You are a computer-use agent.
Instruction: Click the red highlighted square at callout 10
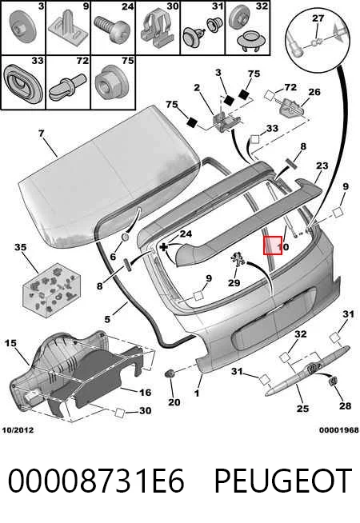pos(273,246)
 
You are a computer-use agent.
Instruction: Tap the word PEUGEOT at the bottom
pos(283,481)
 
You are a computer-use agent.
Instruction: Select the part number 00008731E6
pos(96,481)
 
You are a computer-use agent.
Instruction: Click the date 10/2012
pos(18,430)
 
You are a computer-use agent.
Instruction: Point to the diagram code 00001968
pos(339,430)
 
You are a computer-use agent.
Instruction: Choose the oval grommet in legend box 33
pos(22,83)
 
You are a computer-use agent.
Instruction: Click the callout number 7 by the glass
pos(41,134)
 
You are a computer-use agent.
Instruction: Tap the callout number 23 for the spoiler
pos(322,166)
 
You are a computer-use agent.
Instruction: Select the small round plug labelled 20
pos(170,373)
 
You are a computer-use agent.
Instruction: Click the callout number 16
pos(145,392)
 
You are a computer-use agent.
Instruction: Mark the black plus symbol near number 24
pos(163,247)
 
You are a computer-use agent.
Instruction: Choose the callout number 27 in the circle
pos(318,18)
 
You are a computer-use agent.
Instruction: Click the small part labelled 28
pos(333,381)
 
